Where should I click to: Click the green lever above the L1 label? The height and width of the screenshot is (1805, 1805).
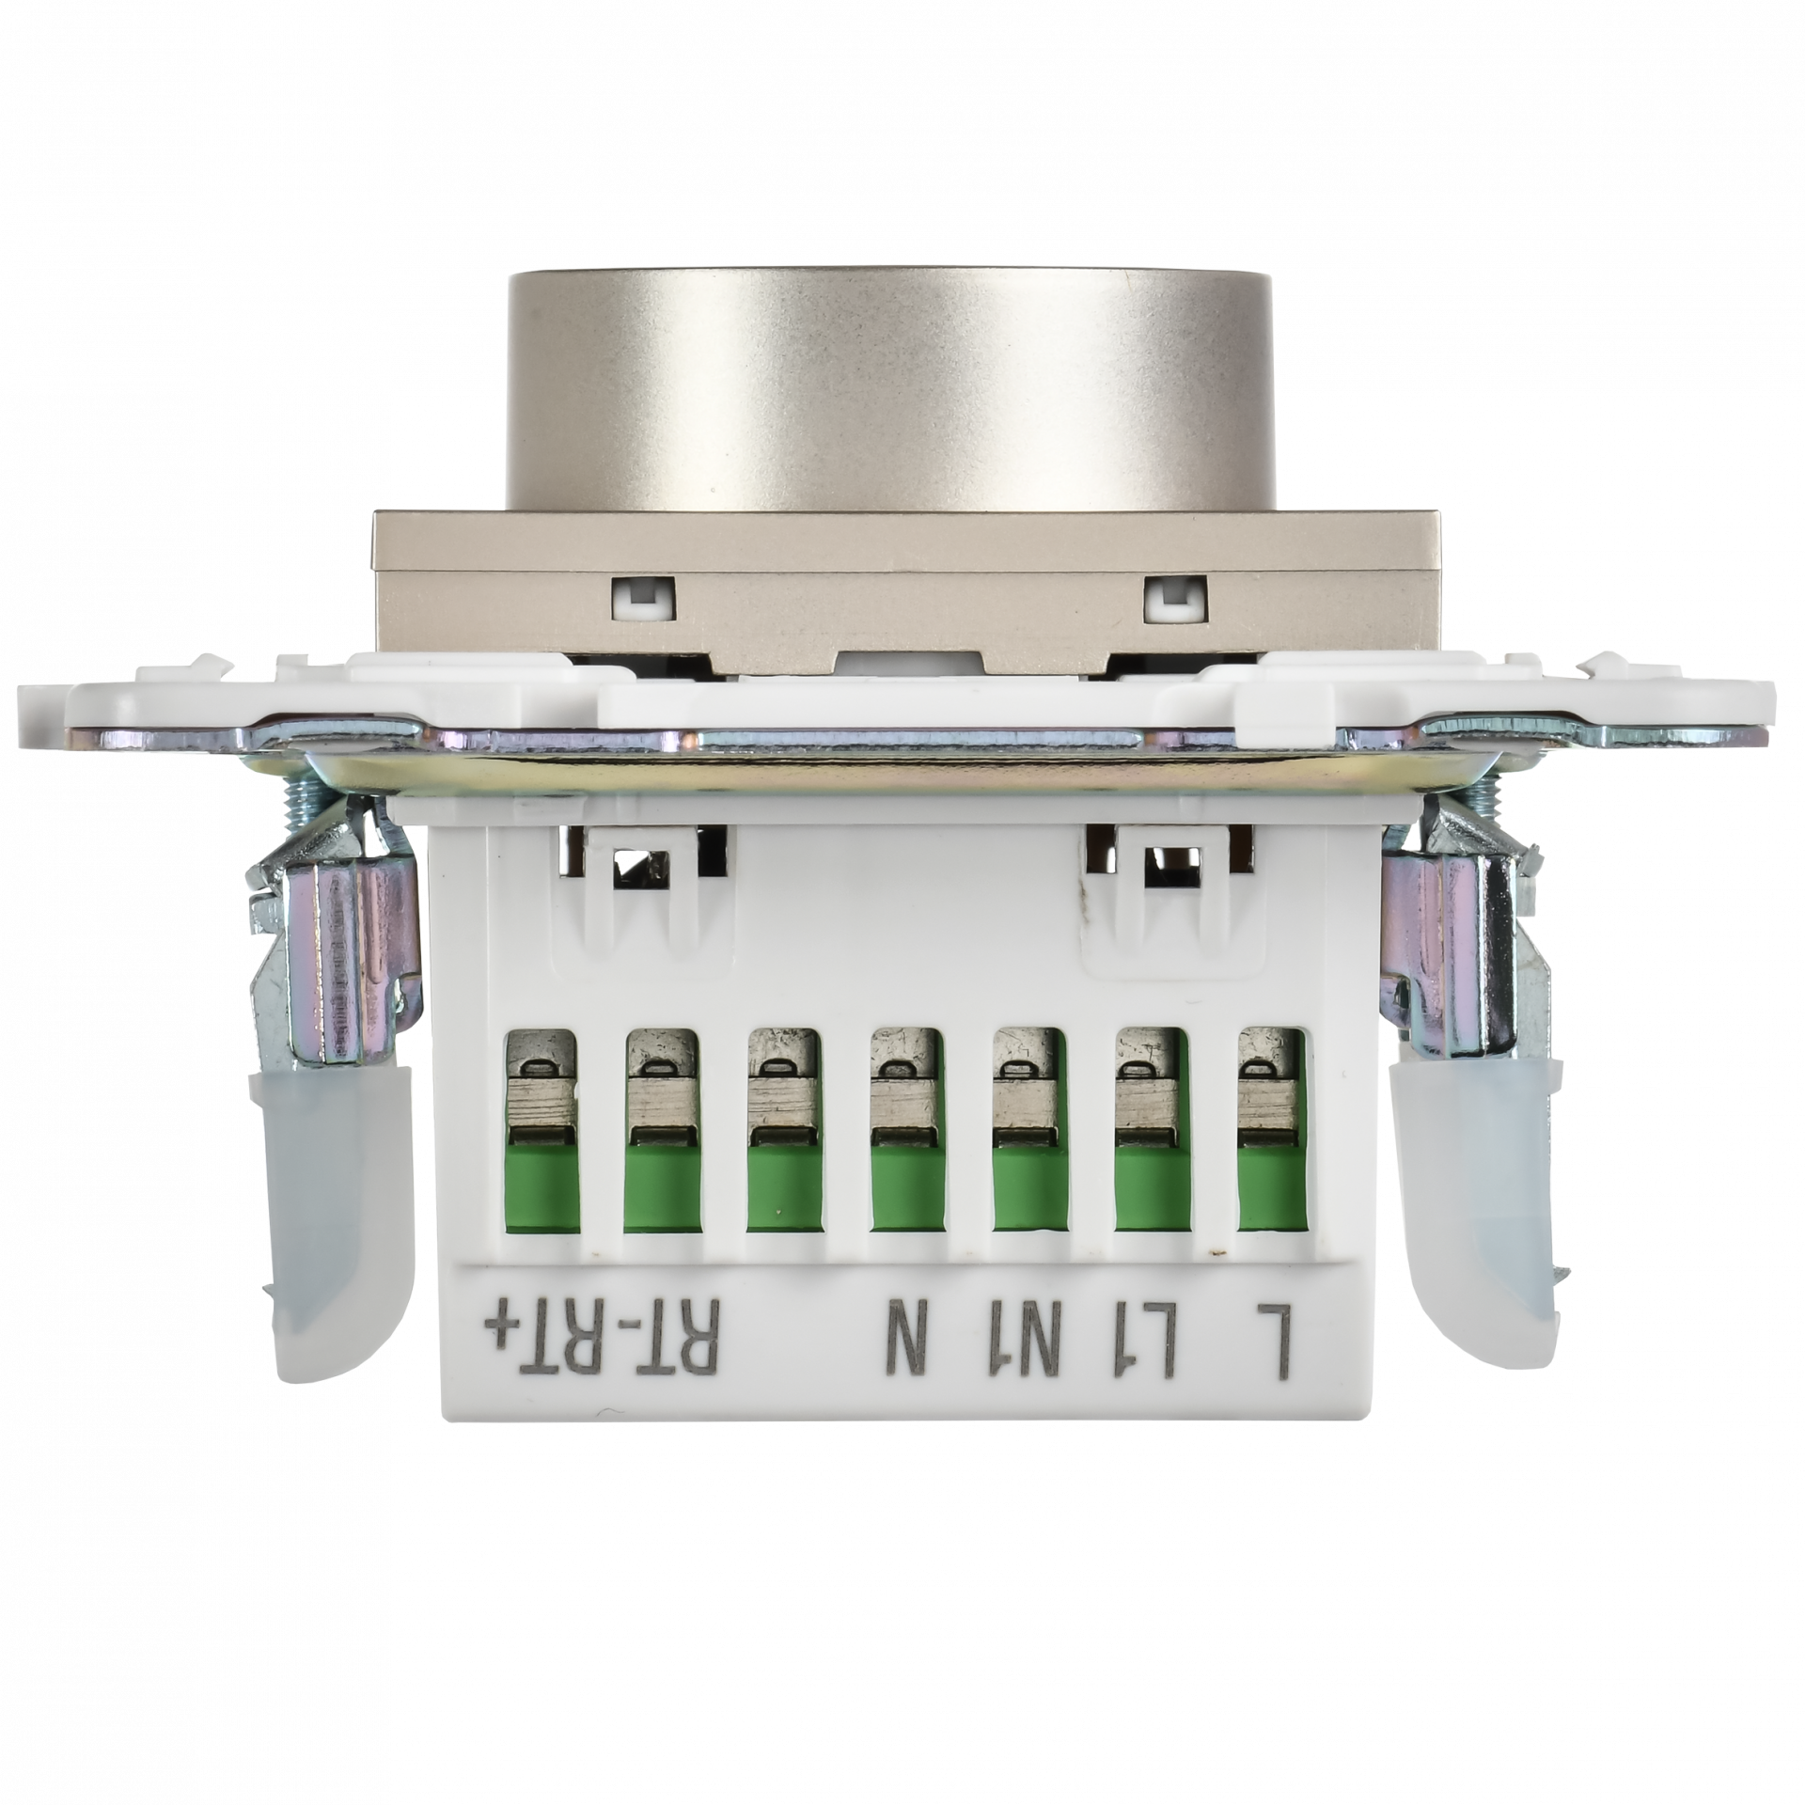(1149, 1188)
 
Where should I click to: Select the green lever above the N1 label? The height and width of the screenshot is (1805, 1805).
(1028, 1188)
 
